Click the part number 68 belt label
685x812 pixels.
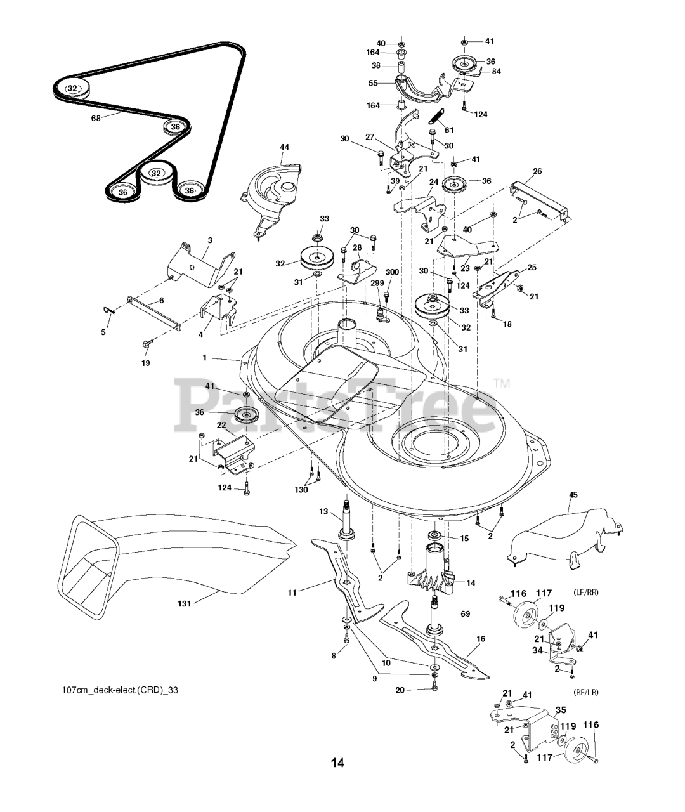96,118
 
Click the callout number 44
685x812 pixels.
284,147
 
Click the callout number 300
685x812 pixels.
392,272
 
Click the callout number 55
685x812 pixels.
373,83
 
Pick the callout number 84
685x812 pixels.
496,71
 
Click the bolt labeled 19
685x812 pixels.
148,343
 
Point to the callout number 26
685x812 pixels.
538,171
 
